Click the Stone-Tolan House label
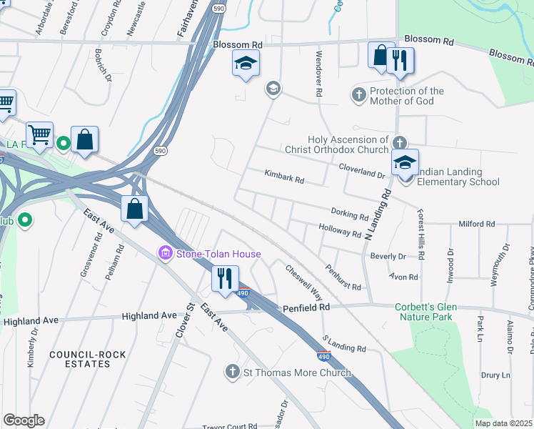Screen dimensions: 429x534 (x=218, y=254)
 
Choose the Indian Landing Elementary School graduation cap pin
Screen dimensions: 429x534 (x=405, y=164)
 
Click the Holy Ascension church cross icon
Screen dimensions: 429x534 (x=400, y=142)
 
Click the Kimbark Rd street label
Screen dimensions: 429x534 (x=284, y=177)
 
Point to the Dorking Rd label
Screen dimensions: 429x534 (x=349, y=214)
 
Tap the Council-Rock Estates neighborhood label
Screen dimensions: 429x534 (x=80, y=359)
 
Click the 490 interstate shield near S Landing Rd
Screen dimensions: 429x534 (x=323, y=355)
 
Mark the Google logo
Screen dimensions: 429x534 (x=24, y=420)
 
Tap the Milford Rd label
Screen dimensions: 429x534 (x=477, y=224)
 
